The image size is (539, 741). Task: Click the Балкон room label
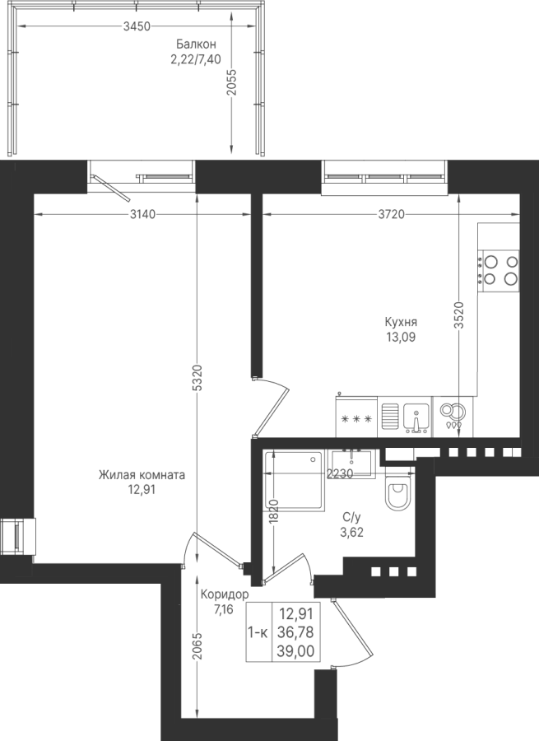196,44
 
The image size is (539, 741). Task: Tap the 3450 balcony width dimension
137,26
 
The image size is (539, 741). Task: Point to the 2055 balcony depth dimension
231,82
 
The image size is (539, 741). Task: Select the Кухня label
401,322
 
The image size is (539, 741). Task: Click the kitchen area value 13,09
401,337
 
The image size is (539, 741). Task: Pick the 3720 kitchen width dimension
392,215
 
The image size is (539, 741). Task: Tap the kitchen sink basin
416,418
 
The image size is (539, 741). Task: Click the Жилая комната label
142,475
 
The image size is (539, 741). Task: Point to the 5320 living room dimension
198,377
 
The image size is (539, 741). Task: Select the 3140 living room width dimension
142,215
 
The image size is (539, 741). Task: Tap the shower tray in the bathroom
294,481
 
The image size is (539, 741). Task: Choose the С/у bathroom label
352,518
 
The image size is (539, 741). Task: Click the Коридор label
225,594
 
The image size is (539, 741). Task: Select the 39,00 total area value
297,652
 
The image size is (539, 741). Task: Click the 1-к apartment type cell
258,632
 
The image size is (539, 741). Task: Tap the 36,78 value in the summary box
297,632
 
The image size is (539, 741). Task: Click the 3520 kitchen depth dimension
458,315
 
